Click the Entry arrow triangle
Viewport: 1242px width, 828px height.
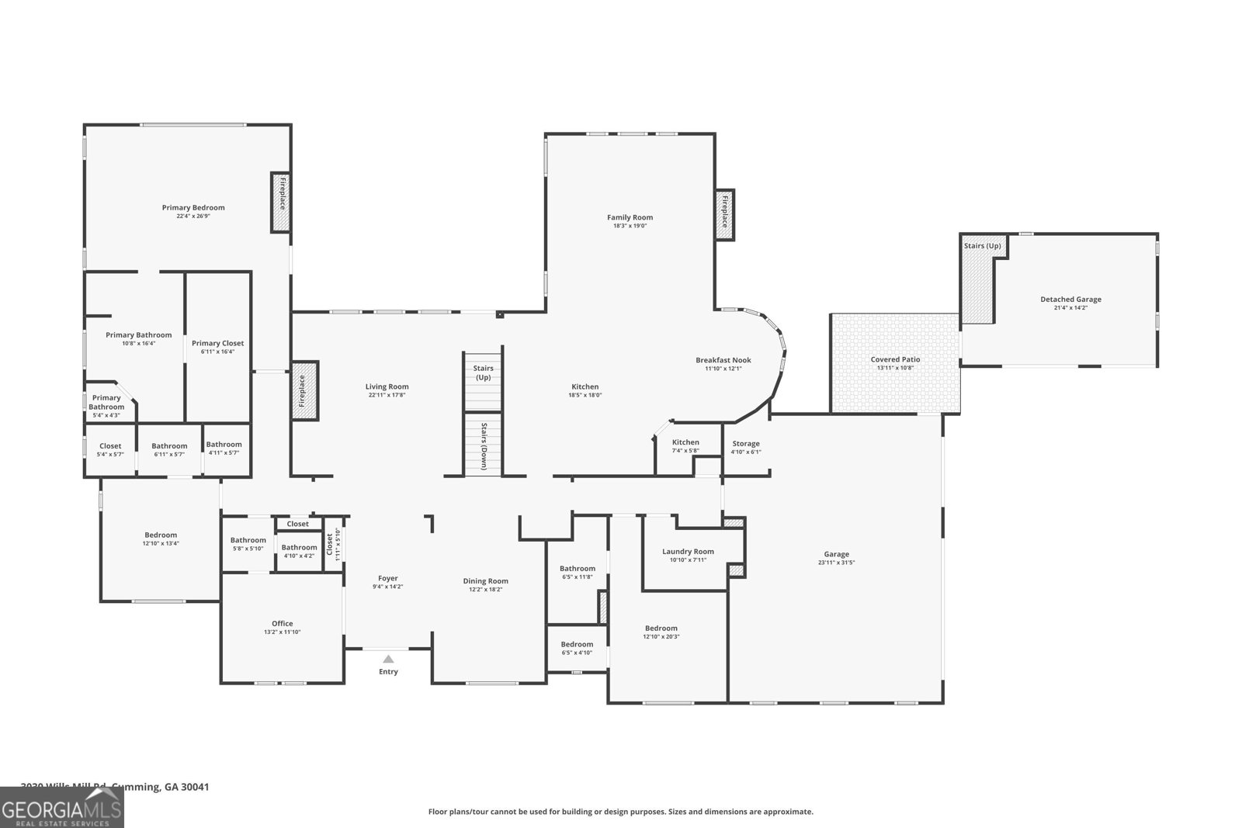coord(388,659)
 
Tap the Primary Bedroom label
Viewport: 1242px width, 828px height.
coord(193,207)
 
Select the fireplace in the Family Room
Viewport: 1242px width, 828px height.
coord(724,215)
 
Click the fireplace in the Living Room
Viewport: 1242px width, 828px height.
coord(304,390)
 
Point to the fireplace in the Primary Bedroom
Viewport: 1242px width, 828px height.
coord(280,202)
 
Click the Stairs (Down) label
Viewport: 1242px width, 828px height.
coord(483,446)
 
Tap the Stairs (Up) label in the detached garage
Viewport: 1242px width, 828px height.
coord(982,246)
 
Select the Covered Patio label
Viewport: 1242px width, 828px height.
coord(895,359)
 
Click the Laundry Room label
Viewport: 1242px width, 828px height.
coord(688,552)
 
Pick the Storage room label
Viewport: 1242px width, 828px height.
coord(746,444)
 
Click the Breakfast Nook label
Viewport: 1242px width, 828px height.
coord(723,360)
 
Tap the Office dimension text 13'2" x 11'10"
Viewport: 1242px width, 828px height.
coord(282,632)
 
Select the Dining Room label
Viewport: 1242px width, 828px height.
coord(485,581)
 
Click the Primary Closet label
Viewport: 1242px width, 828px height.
coord(217,343)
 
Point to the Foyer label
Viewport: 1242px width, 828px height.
coord(387,578)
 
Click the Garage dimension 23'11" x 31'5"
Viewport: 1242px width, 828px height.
coord(836,563)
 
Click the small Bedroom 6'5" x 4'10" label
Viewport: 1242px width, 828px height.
coord(577,644)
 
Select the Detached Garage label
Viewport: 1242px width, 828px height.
coord(1070,300)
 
